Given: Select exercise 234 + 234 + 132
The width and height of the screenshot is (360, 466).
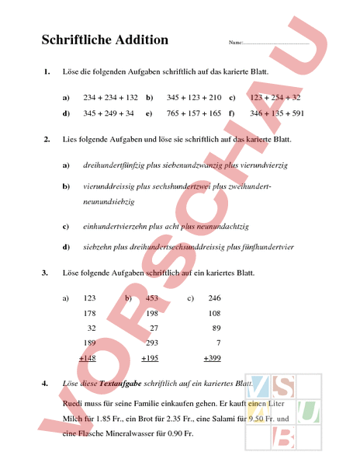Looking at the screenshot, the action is (x=110, y=99).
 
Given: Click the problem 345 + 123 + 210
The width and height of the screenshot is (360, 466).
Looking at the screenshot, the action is (x=194, y=99).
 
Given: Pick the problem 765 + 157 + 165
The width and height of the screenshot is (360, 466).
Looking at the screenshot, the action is (x=194, y=113).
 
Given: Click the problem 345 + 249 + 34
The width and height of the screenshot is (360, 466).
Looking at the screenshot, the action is (x=109, y=113).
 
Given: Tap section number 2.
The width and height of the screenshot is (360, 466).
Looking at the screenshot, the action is (x=47, y=139).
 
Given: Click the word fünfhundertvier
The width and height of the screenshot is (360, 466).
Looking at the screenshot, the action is (x=265, y=247).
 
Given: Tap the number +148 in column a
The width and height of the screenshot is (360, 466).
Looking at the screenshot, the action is (x=88, y=358).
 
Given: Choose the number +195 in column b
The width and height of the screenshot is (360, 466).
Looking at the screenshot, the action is (x=150, y=358).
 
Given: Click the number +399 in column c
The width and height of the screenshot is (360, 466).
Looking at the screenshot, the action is (x=212, y=358).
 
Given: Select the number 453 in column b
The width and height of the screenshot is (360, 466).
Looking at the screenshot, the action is (x=152, y=298).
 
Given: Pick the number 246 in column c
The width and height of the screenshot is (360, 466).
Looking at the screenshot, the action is (x=214, y=298).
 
